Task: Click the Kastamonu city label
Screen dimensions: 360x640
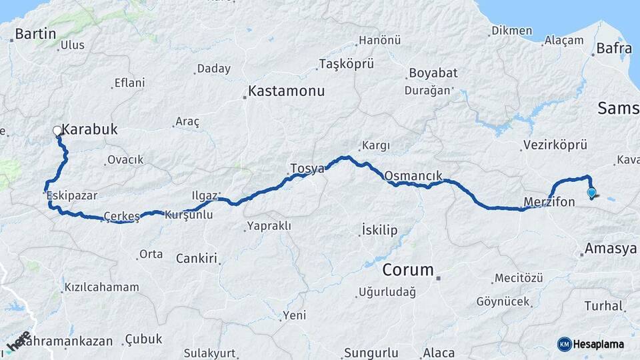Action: point(286,91)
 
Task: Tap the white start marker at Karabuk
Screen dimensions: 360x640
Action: point(57,131)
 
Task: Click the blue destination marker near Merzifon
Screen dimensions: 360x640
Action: point(591,193)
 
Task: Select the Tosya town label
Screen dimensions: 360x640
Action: point(307,169)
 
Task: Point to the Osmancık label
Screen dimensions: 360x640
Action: point(413,176)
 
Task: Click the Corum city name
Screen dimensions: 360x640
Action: point(408,271)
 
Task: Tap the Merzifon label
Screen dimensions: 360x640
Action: point(549,201)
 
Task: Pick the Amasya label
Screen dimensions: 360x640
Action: point(610,249)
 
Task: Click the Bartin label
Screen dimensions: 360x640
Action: point(35,34)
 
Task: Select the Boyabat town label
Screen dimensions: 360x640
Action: point(431,73)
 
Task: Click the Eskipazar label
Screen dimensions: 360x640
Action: point(72,196)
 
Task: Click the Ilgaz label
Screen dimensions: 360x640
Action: point(205,196)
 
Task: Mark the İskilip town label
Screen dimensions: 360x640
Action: point(379,230)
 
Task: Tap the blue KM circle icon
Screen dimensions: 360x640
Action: point(564,344)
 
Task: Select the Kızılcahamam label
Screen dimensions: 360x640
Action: point(101,287)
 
